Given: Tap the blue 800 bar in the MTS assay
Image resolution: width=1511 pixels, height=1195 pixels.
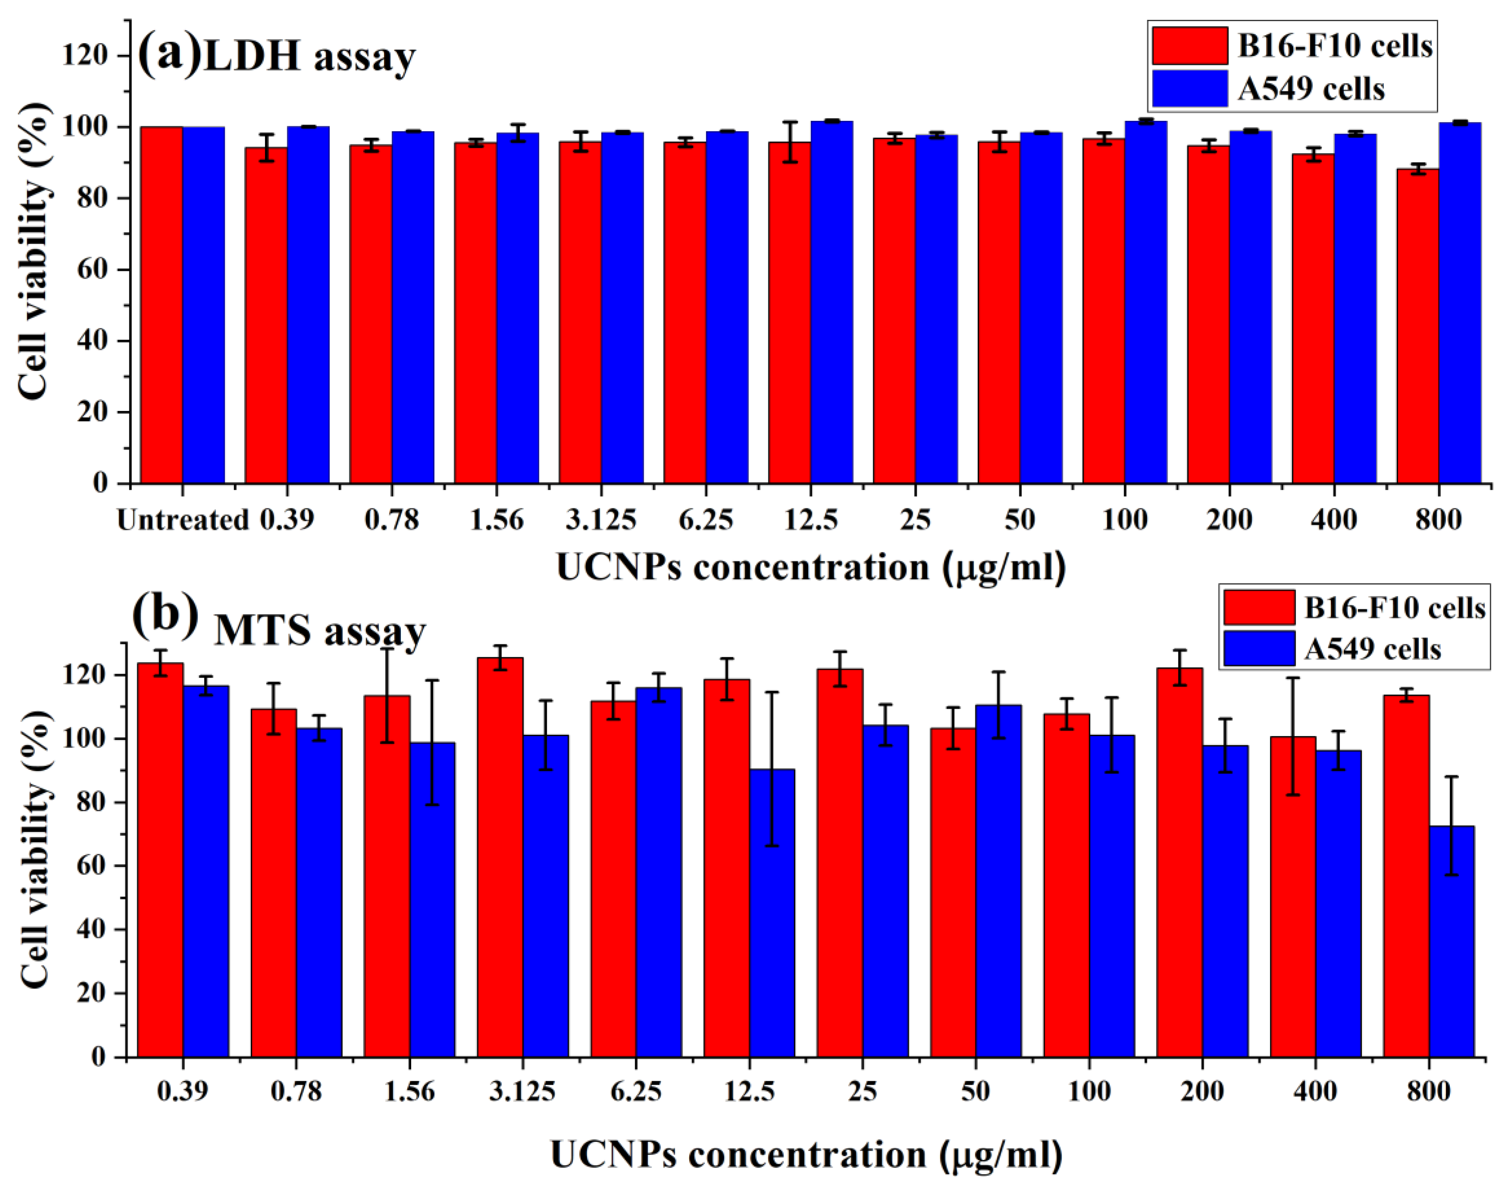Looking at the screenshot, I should pyautogui.click(x=1452, y=941).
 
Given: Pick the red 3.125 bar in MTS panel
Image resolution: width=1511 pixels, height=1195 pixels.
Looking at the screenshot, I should pyautogui.click(x=500, y=857).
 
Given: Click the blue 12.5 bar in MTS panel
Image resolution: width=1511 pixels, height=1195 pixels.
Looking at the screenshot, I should pyautogui.click(x=772, y=913).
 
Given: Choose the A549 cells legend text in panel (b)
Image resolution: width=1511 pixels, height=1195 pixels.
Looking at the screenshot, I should pyautogui.click(x=1373, y=649).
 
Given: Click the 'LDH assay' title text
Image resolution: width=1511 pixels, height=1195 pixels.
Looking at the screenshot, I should pyautogui.click(x=309, y=57).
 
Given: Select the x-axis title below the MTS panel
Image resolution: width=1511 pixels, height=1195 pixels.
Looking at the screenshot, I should pyautogui.click(x=806, y=1154).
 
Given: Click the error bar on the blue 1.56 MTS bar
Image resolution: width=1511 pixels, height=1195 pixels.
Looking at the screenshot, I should pyautogui.click(x=432, y=742).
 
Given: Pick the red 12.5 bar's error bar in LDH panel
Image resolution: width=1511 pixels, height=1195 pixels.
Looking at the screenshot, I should pyautogui.click(x=790, y=142).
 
